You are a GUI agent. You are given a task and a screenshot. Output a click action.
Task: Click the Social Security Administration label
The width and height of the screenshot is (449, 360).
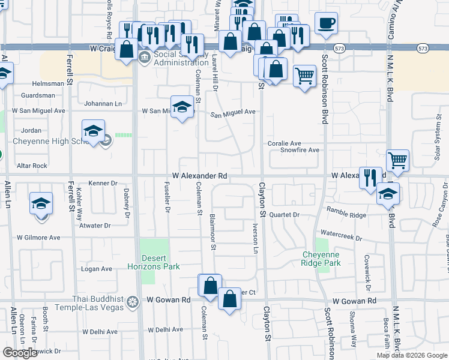(x=172, y=58)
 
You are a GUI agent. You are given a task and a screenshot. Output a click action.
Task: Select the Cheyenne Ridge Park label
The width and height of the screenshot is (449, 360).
(x=321, y=259)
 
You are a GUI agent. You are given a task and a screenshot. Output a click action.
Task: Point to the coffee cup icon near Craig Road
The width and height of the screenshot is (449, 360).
(x=326, y=23)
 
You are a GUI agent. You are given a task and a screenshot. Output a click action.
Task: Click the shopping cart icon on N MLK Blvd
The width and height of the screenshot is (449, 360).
(x=398, y=160)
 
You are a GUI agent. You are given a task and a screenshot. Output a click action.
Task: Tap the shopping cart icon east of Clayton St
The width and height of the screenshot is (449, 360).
(x=305, y=76)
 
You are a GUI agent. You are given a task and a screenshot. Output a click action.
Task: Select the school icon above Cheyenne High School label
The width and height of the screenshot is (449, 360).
(x=94, y=131)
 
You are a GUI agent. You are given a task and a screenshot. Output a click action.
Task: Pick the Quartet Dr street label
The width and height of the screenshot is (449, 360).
(x=284, y=215)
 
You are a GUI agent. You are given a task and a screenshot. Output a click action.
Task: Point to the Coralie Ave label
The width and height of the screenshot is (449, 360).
(x=284, y=144)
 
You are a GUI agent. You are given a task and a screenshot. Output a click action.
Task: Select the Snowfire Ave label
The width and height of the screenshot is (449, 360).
(x=300, y=150)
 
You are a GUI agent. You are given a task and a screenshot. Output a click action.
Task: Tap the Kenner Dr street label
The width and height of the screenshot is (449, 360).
(x=102, y=183)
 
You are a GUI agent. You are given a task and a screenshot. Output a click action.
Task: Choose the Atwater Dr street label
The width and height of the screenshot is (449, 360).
(x=95, y=226)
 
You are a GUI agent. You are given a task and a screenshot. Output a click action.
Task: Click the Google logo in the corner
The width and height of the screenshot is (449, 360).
(x=20, y=353)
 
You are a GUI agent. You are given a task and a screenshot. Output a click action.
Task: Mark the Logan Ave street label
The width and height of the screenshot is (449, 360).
(x=97, y=269)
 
